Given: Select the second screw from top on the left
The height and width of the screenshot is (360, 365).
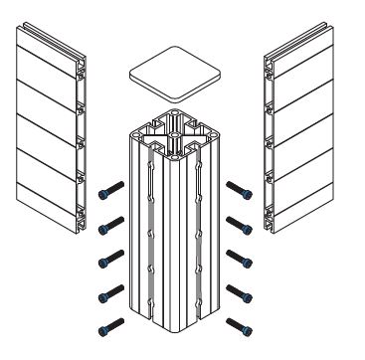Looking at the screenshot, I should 110,222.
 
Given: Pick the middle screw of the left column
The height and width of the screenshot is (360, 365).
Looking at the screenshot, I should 110,260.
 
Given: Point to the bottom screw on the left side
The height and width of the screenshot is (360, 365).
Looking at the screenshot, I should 110,323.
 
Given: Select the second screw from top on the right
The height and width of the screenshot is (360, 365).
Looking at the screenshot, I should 240,222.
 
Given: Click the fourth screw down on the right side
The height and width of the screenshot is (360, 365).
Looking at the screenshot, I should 240,292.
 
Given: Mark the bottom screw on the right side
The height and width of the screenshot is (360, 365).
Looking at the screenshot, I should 240,323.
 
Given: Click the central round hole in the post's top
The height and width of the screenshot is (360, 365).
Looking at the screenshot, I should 174,128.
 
